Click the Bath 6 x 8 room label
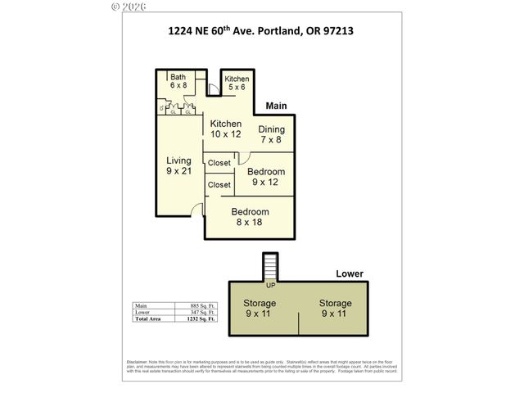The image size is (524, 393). point(178,80)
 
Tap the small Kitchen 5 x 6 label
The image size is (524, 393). point(237,83)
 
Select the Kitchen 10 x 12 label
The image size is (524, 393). point(226,129)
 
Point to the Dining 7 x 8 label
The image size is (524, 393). point(272,134)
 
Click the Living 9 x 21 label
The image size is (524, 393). point(179,165)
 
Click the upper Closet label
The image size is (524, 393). point(219,163)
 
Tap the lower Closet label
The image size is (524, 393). point(219,185)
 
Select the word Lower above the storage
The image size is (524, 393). point(350,273)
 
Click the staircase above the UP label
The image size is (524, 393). point(270,267)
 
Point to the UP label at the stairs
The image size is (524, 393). point(270,286)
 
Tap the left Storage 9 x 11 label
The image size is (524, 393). point(260,308)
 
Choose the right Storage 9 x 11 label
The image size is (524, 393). point(334,308)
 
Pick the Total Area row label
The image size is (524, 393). point(149,319)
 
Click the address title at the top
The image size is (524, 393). point(261,32)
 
